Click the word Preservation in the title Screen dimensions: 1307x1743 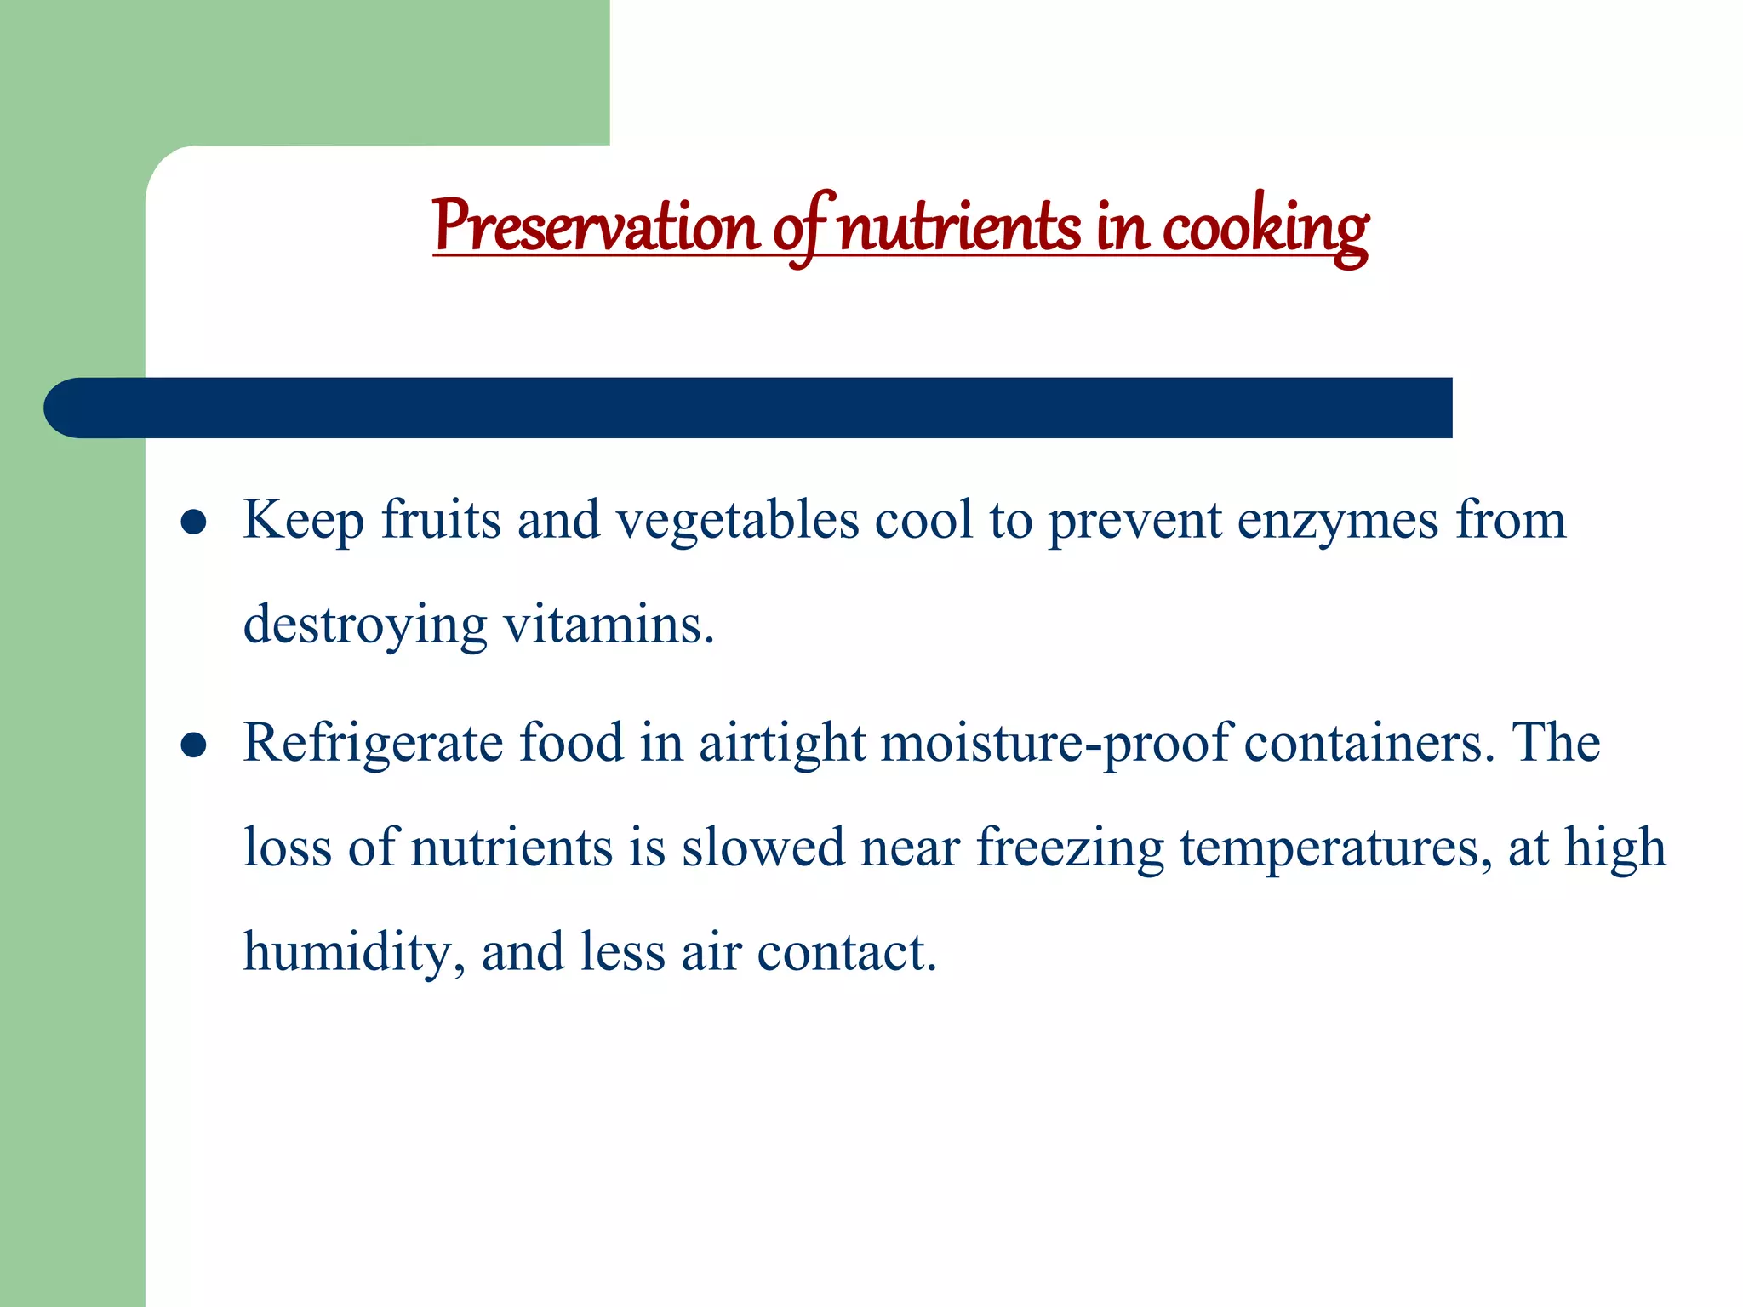(x=595, y=226)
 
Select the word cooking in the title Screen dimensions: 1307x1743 (x=1266, y=228)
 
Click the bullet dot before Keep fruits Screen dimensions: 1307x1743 (x=194, y=522)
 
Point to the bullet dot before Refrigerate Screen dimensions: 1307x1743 (x=194, y=745)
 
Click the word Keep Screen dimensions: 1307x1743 (x=303, y=520)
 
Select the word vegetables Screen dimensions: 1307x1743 (x=737, y=522)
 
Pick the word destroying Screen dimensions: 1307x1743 (x=365, y=626)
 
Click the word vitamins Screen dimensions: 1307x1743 (x=609, y=625)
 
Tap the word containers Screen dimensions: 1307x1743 (x=1369, y=743)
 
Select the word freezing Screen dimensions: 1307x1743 (x=1070, y=849)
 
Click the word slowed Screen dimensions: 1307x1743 (x=763, y=848)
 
